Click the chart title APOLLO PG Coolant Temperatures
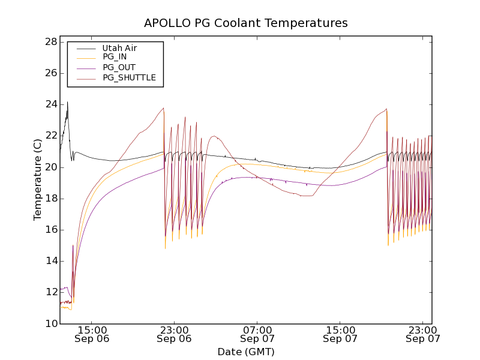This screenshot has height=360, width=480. click(246, 23)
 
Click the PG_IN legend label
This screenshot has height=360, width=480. click(115, 57)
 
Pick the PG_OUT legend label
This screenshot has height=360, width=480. click(119, 67)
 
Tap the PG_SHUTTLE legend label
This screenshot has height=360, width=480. click(129, 77)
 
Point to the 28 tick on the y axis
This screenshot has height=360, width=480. click(50, 42)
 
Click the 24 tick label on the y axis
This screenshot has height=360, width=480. click(50, 104)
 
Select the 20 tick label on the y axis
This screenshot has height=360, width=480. click(50, 167)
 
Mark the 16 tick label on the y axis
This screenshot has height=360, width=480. click(50, 230)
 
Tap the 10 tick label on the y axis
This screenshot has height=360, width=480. click(50, 323)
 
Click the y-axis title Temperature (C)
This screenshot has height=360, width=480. click(37, 182)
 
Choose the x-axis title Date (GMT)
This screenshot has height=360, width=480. click(246, 352)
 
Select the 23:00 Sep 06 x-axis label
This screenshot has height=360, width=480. click(174, 334)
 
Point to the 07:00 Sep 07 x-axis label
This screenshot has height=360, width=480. click(257, 334)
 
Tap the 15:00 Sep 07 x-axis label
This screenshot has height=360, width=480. click(340, 334)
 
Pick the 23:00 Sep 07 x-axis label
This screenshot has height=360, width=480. click(423, 334)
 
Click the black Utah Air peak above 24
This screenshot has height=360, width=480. click(67, 103)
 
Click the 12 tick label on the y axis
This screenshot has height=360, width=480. click(50, 292)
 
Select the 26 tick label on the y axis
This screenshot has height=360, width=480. click(50, 73)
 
